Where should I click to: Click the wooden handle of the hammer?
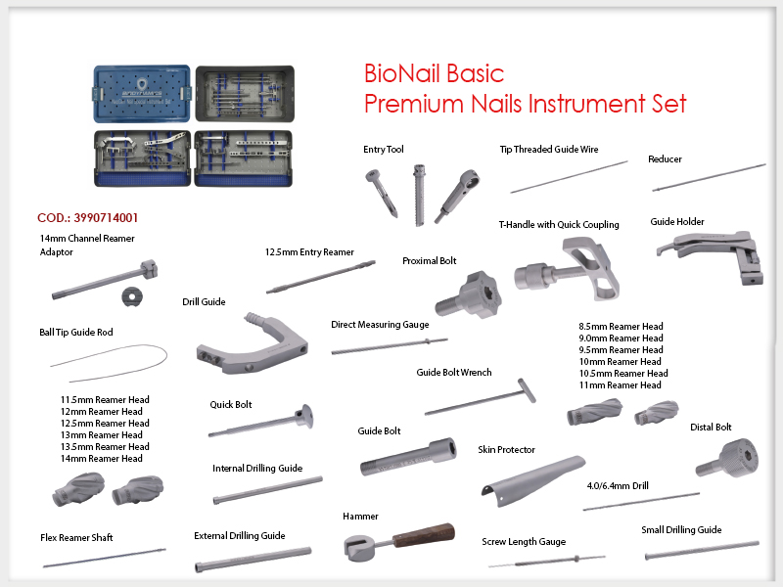424,534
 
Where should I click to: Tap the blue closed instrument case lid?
142,93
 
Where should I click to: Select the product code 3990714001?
106,217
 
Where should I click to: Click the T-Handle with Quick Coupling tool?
568,270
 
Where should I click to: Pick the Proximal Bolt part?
470,294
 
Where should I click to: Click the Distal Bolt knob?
727,458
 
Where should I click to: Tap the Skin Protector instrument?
532,479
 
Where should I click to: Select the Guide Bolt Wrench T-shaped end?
527,390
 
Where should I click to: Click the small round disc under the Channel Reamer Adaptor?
132,297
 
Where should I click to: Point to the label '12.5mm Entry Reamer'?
309,252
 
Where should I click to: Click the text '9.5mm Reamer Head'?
621,350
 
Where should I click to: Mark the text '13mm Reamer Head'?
102,434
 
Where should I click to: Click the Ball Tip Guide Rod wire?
110,362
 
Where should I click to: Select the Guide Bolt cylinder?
408,457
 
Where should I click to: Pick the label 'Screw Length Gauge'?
524,542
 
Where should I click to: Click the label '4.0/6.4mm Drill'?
618,485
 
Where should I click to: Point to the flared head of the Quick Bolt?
304,417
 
